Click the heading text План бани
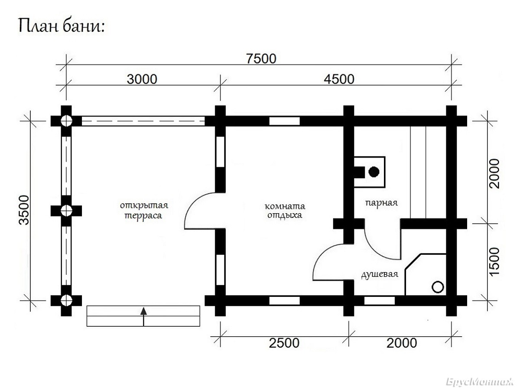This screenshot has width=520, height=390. coord(61,26)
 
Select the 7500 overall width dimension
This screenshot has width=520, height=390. coord(261,59)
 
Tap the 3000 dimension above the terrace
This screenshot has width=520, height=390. coord(142,79)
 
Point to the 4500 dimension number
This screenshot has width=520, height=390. coord(339,79)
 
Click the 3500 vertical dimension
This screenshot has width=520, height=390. coord(24,210)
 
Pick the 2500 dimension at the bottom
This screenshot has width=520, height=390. coord(284,343)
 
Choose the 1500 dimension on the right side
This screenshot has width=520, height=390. coord(494,262)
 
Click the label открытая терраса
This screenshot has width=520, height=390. coord(144,211)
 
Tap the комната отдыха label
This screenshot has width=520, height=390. coord(285,211)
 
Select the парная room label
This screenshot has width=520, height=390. coord(381,203)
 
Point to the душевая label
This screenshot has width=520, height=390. coord(380,274)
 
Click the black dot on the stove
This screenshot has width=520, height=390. coord(374,172)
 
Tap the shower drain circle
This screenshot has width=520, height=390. coord(438,287)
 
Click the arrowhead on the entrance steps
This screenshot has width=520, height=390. coord(143,311)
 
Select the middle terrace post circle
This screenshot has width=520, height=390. coord(66,211)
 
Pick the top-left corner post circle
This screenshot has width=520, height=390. coord(66,121)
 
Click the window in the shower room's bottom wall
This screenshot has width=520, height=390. coord(380,301)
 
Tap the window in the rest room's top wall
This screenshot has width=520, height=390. coord(285,121)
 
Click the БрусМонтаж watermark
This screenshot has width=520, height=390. coord(480,382)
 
